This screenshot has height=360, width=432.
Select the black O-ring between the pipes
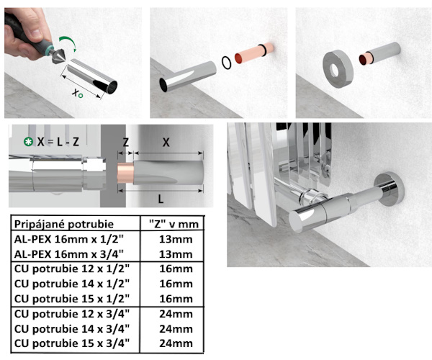tap(227, 63)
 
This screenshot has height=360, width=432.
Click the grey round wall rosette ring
tap(338, 69)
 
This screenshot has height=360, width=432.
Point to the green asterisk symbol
tap(28, 142)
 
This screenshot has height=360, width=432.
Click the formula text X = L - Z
tap(58, 142)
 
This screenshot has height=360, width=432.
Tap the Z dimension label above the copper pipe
tap(125, 143)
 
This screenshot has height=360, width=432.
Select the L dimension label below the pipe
tap(161, 199)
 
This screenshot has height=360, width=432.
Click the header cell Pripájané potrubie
tap(64, 224)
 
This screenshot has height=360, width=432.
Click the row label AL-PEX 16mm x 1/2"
tap(68, 239)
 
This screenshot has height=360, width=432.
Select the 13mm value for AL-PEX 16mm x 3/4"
tap(176, 254)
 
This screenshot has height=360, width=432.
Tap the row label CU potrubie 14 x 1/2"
tap(72, 284)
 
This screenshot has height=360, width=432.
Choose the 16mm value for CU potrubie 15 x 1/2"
tap(176, 299)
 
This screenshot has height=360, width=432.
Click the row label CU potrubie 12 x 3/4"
tap(72, 314)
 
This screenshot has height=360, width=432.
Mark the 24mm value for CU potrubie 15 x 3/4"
tap(176, 343)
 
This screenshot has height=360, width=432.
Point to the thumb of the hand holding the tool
tap(35, 30)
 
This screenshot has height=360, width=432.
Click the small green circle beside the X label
tap(80, 96)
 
